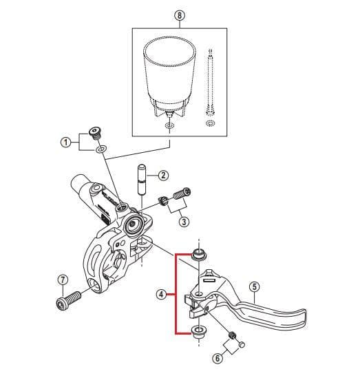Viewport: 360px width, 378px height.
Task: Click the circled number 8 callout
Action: [180, 15]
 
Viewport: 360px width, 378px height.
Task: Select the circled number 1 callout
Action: [65, 142]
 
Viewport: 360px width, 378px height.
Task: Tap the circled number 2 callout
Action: [163, 175]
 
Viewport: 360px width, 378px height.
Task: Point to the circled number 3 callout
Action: [184, 221]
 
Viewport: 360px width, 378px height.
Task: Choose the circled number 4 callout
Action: [160, 294]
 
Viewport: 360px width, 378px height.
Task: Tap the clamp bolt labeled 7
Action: [65, 301]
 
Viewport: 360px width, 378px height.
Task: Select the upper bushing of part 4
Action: [198, 255]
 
